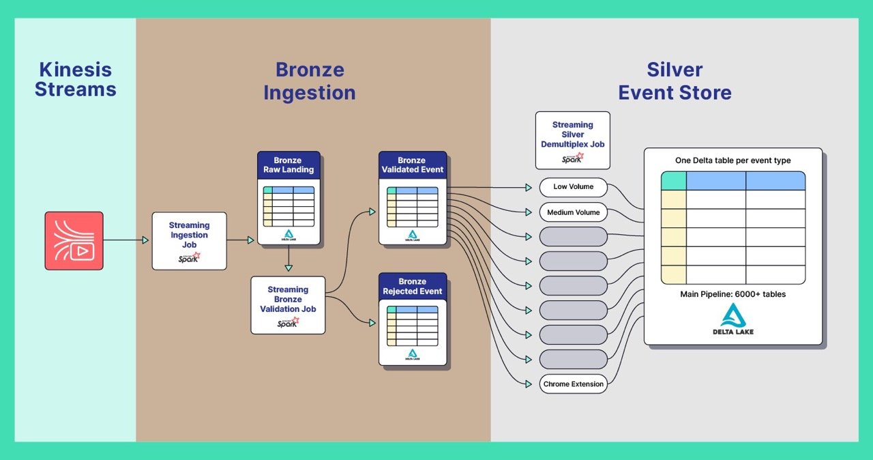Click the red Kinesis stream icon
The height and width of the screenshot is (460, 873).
(74, 240)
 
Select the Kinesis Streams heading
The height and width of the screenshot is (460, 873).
(75, 80)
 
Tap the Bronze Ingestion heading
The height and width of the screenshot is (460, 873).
(310, 81)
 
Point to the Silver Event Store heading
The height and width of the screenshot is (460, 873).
(675, 81)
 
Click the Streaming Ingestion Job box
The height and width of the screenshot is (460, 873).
(189, 240)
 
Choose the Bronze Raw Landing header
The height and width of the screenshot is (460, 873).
(288, 165)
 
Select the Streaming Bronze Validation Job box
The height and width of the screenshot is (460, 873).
(288, 304)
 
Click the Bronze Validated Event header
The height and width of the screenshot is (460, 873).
(412, 165)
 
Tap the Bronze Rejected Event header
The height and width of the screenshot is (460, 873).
(412, 287)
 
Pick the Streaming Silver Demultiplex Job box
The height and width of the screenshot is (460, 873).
(572, 140)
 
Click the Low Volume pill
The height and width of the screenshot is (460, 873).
(573, 187)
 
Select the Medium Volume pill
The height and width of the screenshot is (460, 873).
(573, 212)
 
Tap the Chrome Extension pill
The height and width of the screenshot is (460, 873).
(573, 384)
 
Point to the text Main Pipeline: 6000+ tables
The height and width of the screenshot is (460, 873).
(733, 294)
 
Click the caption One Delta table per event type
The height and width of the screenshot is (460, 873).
(733, 160)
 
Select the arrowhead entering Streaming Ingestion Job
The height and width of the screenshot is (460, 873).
(145, 240)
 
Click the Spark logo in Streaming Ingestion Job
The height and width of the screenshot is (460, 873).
(189, 258)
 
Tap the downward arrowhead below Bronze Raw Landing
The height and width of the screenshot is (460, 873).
(288, 267)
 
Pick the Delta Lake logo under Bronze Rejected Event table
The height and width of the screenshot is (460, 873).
(412, 354)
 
